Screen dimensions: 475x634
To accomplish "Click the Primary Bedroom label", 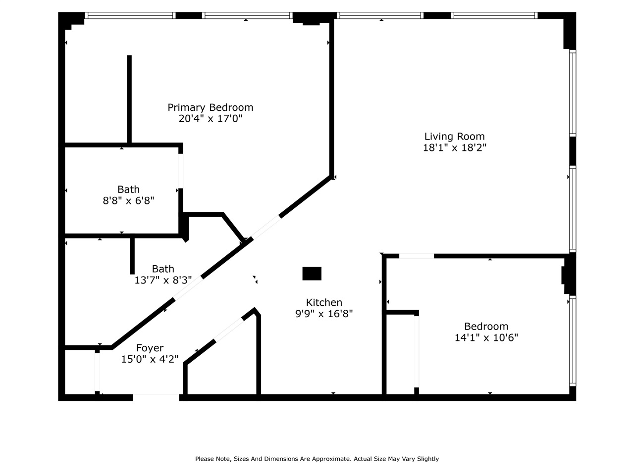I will click(210, 107).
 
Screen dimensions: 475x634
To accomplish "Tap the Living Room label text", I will click(454, 136).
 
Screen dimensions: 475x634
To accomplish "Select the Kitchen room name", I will click(324, 302).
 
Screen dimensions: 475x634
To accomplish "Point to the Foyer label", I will click(150, 348).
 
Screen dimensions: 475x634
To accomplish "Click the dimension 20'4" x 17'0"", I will click(210, 119).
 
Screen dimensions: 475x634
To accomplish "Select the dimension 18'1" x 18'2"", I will click(454, 147).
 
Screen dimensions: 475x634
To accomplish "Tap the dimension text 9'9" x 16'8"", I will click(324, 314).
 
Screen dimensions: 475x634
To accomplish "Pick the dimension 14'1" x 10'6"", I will click(486, 338).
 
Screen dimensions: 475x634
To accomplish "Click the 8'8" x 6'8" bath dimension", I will click(128, 200).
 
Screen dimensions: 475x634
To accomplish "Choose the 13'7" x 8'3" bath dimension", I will click(163, 280).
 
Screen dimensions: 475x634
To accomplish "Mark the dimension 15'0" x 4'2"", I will click(150, 359).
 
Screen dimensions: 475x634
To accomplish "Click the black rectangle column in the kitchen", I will click(312, 274).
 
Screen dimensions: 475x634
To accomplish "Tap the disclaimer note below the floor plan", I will click(317, 459).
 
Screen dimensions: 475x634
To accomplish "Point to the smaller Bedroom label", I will click(486, 327).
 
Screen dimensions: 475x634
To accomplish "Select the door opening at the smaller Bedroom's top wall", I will click(417, 256).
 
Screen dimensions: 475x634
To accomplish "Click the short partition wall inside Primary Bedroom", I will click(129, 99).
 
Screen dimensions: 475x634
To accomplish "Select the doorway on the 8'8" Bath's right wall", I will click(181, 171).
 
